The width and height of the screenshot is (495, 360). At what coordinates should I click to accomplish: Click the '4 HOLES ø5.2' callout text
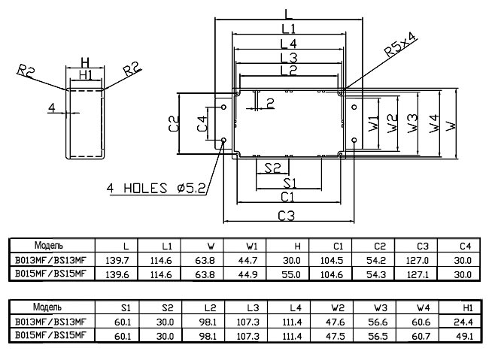156,188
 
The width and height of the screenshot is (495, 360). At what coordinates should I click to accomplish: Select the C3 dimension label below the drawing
286,216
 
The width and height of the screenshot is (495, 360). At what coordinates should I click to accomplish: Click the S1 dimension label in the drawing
290,182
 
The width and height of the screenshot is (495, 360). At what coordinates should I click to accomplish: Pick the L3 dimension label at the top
288,59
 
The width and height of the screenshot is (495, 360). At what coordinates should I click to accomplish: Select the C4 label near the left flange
201,125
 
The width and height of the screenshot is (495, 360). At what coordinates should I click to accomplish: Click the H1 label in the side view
85,75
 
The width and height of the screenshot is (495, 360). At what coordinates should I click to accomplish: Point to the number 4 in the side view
51,108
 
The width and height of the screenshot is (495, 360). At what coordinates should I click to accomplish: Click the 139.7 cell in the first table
126,260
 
